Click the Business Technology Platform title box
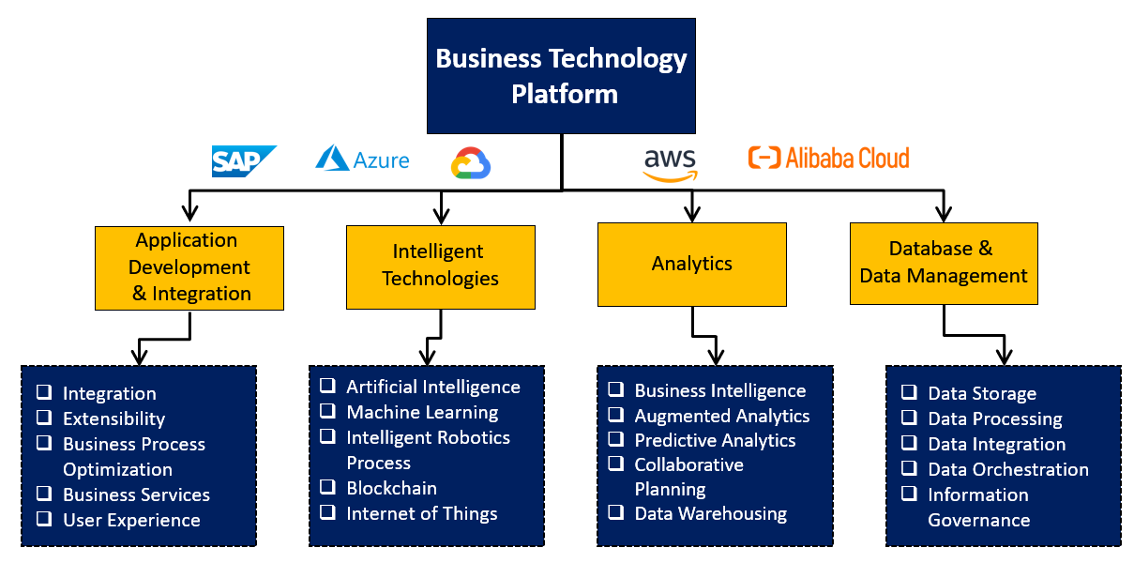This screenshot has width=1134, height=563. point(561,76)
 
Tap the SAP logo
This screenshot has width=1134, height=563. point(244,161)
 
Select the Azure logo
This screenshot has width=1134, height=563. point(362,160)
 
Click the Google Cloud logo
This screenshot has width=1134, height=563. point(471,163)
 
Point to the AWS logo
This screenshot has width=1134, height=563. point(670,163)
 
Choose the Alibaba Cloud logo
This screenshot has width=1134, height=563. point(828,158)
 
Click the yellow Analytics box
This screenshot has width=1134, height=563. point(691,264)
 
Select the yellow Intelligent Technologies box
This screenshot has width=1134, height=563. point(440,266)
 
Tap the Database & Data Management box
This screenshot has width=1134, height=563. point(943,263)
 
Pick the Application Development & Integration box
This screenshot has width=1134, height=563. point(189,267)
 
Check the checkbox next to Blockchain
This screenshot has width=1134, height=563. point(327,487)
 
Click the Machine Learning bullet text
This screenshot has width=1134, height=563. point(422,412)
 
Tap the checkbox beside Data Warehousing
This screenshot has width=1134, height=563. point(615,512)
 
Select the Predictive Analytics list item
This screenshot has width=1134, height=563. point(715,440)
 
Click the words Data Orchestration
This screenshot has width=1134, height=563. point(1008,469)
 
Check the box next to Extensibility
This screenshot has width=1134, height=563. point(44,418)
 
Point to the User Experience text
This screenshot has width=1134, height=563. point(131,520)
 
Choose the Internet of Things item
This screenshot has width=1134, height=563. point(421,513)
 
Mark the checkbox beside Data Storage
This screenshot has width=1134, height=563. point(909,392)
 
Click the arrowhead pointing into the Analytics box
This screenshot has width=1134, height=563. point(692,213)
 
